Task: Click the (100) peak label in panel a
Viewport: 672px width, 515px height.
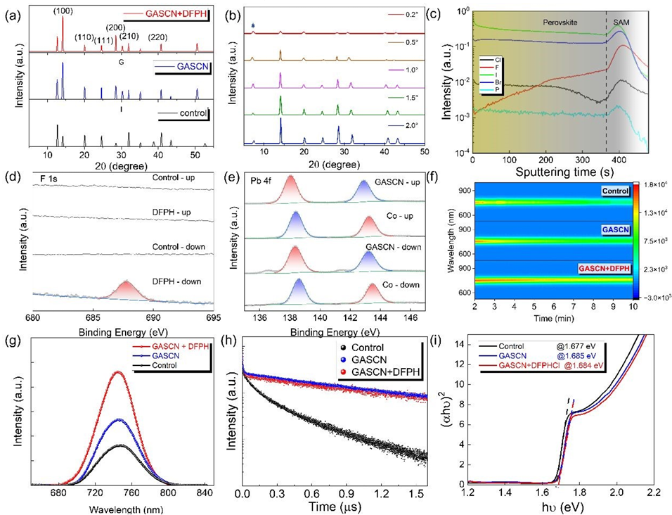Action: click(62, 8)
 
